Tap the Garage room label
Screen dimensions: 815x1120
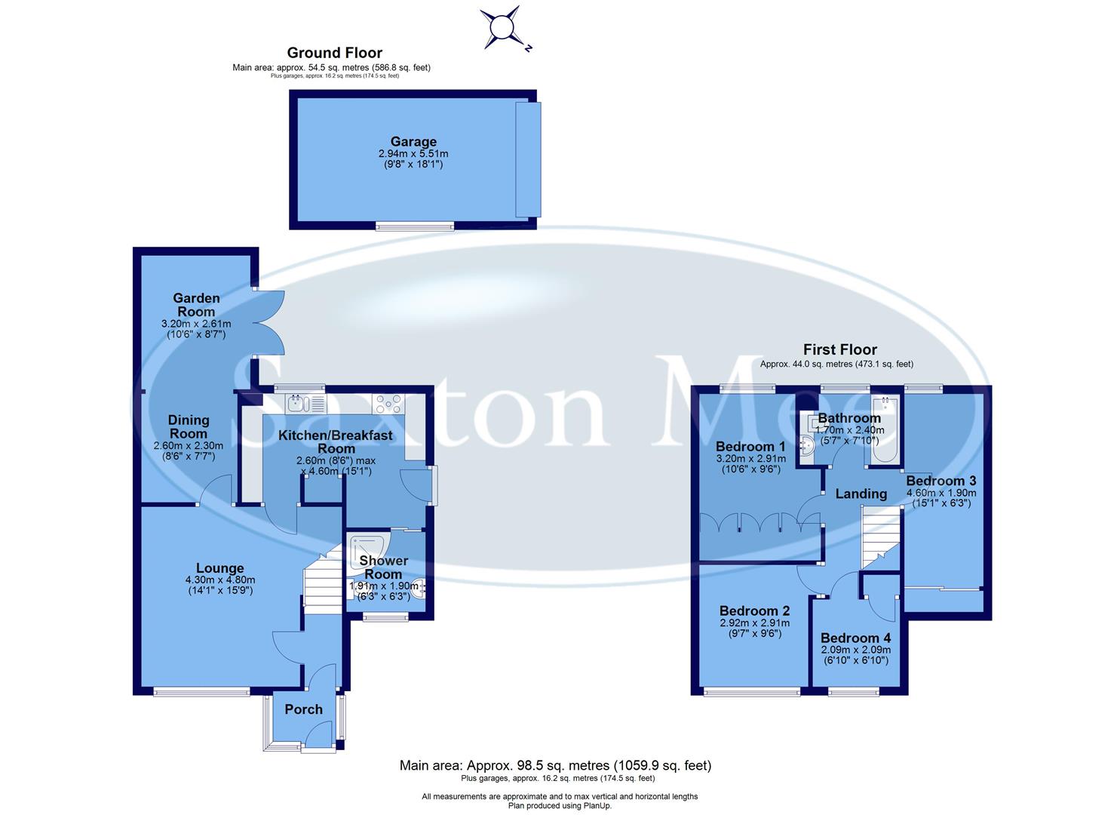tap(413, 142)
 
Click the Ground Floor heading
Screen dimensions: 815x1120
tap(334, 53)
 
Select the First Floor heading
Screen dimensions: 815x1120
tap(839, 349)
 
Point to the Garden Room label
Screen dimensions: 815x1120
tap(196, 305)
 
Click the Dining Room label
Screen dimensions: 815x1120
tap(188, 426)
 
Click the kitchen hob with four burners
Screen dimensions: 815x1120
tap(388, 403)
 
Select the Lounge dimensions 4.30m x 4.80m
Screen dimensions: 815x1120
tap(220, 580)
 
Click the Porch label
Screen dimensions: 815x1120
tap(303, 709)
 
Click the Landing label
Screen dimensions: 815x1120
tap(861, 494)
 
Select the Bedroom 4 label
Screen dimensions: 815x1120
tap(855, 638)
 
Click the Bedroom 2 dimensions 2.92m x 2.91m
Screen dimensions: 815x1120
tap(754, 623)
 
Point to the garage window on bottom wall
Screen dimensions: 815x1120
tap(416, 225)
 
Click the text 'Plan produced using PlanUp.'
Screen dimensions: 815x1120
tap(559, 806)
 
